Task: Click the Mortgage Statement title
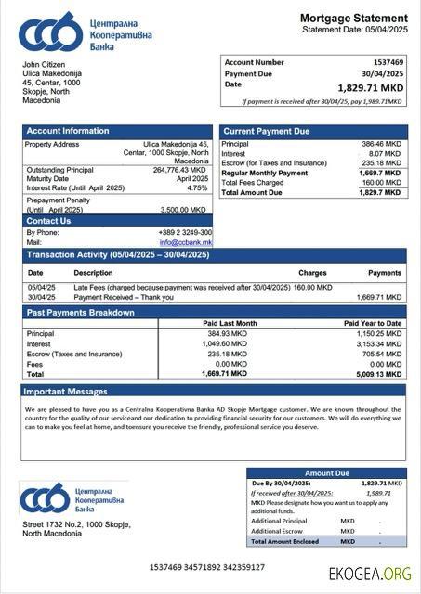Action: coord(353,18)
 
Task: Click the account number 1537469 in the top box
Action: coord(388,62)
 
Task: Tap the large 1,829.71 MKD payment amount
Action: coord(370,87)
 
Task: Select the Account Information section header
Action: coord(68,131)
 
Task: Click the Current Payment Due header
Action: coord(267,132)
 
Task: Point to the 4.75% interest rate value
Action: coord(197,187)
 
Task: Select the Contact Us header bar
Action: coord(48,221)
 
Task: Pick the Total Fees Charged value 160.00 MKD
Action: coord(382,182)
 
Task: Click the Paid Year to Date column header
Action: coord(372,323)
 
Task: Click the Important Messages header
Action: coord(67,392)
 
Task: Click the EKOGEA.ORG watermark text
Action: coord(370,573)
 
